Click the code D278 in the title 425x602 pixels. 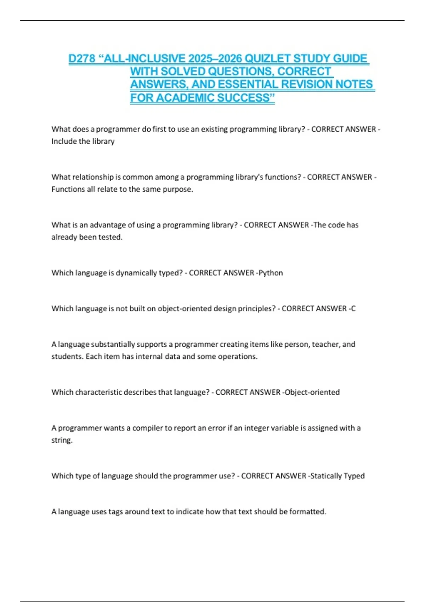click(x=81, y=58)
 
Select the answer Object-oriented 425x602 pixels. click(x=312, y=392)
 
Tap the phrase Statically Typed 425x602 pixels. click(x=338, y=476)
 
